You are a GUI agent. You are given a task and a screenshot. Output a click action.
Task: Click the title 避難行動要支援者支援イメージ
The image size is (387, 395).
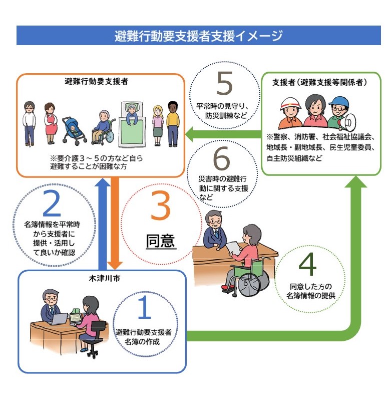(x=198, y=36)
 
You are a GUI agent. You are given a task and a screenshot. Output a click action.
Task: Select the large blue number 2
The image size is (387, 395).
(x=52, y=204)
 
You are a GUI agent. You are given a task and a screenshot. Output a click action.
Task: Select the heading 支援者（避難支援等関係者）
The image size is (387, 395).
(x=320, y=82)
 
